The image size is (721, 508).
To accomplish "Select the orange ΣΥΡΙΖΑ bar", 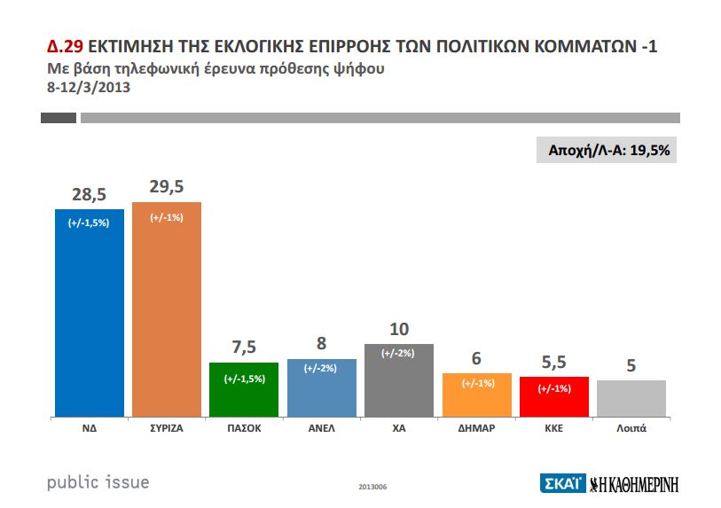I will click(166, 309).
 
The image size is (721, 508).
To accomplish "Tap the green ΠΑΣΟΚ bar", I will click(243, 389).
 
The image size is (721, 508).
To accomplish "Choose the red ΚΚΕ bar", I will click(553, 396).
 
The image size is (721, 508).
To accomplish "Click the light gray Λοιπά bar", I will click(631, 398).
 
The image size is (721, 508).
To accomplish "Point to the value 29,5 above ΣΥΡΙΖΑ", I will click(166, 186).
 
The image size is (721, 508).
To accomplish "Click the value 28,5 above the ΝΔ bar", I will click(89, 193).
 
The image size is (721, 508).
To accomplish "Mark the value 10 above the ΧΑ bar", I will click(398, 328).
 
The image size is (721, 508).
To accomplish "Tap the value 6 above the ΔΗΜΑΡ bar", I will click(476, 357).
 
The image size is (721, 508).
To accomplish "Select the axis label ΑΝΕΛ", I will click(321, 427).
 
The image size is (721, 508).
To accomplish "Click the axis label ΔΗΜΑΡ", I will click(476, 427).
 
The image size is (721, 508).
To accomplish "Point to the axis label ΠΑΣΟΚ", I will click(243, 427).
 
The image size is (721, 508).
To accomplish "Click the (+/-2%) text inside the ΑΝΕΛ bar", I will click(321, 368).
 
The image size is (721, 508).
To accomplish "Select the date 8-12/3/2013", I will click(88, 87).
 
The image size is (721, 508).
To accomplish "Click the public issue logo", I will click(98, 482).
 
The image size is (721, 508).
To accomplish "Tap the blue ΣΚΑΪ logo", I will click(561, 483).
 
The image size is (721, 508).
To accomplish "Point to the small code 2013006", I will click(372, 487).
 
